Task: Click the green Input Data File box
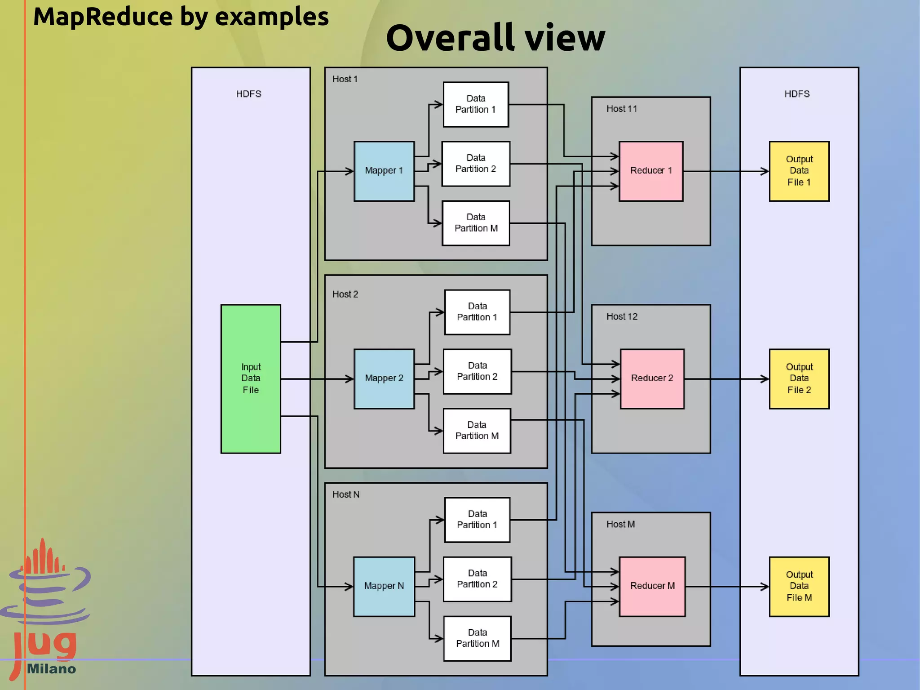251,378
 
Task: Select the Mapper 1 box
384,171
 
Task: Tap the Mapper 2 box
384,378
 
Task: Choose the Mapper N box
384,586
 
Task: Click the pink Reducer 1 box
651,171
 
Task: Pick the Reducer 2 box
652,378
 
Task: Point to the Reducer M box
652,586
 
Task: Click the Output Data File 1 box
799,171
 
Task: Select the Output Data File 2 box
799,378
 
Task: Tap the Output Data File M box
799,586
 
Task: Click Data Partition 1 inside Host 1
476,104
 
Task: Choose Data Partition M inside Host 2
477,431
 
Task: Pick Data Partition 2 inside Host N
477,579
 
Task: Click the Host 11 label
621,109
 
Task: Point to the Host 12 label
622,316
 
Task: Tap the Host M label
620,524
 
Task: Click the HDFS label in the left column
248,94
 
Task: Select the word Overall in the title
450,38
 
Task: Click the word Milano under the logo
51,669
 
